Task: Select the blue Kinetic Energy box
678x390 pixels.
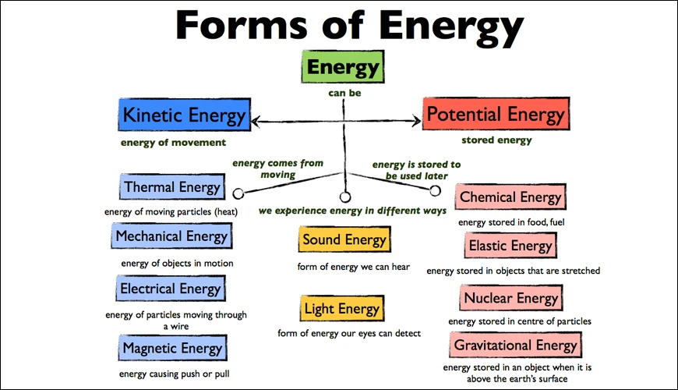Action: pos(184,117)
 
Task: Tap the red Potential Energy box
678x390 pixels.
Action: pos(495,116)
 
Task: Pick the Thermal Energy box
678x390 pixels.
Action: pos(172,187)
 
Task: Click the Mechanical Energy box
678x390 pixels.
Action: pos(171,236)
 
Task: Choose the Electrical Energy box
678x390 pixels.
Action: pos(171,289)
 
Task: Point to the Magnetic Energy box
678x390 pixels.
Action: pos(171,349)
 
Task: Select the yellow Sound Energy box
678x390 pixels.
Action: pos(344,240)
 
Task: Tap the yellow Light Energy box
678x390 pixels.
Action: pos(343,310)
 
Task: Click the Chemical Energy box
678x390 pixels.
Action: pos(510,197)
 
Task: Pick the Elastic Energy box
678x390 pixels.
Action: pos(510,246)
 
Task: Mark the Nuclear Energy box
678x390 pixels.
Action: pos(511,298)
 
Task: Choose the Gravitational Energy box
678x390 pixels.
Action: pos(515,345)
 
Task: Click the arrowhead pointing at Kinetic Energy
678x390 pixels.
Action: pos(256,122)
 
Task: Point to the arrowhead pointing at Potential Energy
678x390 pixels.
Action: pos(416,121)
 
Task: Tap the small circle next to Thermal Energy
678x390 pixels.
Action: pos(238,193)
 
